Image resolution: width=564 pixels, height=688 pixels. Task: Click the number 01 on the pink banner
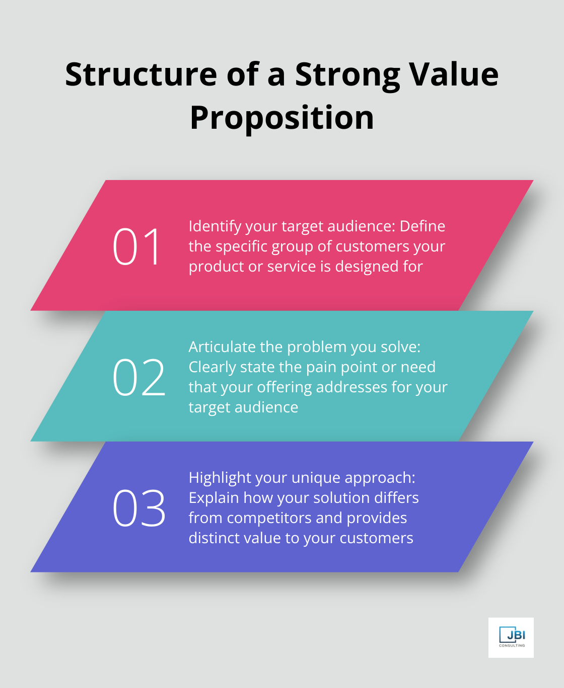[x=136, y=246]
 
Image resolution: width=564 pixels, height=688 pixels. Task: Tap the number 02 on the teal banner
[x=138, y=377]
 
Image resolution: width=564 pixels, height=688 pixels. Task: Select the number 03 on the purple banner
[x=138, y=508]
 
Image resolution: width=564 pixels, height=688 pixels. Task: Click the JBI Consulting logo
[x=511, y=637]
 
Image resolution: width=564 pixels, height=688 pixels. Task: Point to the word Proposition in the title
[x=282, y=118]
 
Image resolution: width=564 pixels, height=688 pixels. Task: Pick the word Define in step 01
[x=422, y=226]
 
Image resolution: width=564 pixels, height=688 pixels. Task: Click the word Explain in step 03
[x=214, y=498]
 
